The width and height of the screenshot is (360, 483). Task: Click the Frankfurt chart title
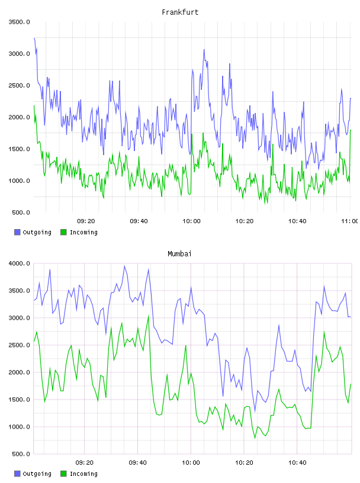[180, 12]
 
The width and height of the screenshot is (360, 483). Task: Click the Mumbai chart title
[179, 254]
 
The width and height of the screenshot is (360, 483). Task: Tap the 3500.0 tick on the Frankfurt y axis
[19, 22]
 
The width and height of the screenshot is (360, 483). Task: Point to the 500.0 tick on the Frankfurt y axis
[21, 212]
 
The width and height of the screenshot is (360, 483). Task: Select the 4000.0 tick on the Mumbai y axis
[19, 263]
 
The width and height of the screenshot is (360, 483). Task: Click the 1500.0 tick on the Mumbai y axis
[19, 400]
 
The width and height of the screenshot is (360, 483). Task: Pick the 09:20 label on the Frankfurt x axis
[86, 221]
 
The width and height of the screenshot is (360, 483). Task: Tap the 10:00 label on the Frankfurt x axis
[191, 221]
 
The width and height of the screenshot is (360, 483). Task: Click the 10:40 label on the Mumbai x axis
[297, 462]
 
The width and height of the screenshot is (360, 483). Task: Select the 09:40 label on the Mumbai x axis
[137, 462]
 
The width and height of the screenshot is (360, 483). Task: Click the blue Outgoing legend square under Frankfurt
[17, 232]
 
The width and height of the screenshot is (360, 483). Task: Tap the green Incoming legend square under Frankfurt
[63, 232]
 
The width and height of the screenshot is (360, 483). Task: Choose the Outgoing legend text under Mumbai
[37, 474]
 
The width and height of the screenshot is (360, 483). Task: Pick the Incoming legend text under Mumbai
[83, 474]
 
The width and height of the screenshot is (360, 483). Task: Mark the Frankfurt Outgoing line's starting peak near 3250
[34, 38]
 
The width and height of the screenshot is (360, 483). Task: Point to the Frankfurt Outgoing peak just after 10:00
[204, 49]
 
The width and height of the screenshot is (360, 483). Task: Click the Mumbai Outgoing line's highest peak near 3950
[124, 266]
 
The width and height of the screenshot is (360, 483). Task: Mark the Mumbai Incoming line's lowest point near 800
[255, 438]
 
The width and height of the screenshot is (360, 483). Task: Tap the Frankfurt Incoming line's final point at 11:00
[351, 130]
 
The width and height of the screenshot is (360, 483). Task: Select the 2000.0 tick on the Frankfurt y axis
[19, 117]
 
